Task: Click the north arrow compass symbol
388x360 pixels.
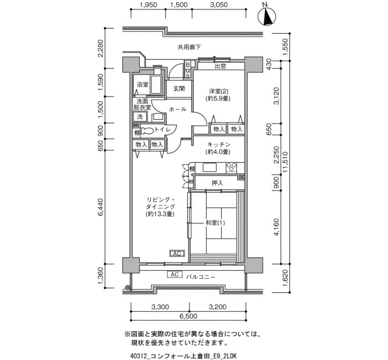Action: click(267, 17)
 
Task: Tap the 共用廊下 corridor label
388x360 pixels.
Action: click(189, 47)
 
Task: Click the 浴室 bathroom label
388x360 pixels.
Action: click(142, 85)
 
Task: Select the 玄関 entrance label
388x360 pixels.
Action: click(179, 88)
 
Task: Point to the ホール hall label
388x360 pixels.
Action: click(177, 109)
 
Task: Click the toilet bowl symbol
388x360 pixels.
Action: click(147, 131)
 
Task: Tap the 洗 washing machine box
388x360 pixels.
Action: click(140, 116)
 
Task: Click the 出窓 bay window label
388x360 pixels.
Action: click(220, 66)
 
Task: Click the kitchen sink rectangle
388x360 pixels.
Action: click(210, 167)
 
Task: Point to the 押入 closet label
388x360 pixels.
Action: click(217, 183)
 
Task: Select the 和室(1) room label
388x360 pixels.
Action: click(215, 223)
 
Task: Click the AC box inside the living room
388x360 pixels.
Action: click(177, 254)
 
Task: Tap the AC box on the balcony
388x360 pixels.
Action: click(175, 275)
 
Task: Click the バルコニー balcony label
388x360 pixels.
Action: click(201, 277)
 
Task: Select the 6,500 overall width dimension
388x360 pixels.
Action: click(188, 316)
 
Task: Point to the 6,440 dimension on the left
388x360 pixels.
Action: click(101, 207)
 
